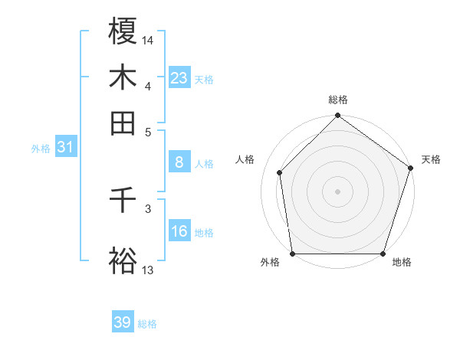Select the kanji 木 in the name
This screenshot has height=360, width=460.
point(123,77)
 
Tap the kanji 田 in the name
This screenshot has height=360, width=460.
point(123,123)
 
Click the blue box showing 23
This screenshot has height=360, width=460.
point(179,78)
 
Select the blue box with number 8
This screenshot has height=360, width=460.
point(179,162)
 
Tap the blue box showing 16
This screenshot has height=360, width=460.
point(179,231)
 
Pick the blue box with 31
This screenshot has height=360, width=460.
point(64,147)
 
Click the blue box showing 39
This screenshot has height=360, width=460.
point(123,322)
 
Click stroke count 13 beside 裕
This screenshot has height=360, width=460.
point(148,270)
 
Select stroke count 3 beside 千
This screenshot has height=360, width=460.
point(148,208)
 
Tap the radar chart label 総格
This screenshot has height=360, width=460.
point(337,100)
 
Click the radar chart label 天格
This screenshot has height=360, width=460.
point(431,159)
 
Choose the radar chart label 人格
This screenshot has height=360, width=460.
point(245,159)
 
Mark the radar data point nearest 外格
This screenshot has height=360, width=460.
point(292,254)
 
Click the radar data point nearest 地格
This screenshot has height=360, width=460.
point(383,254)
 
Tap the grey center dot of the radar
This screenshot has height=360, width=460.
point(337,191)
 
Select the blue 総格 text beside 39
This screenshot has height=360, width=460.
point(147,324)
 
